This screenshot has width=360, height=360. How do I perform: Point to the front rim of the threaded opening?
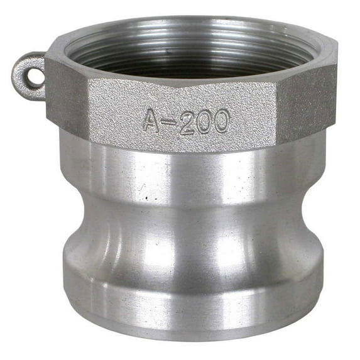point(188,80)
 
